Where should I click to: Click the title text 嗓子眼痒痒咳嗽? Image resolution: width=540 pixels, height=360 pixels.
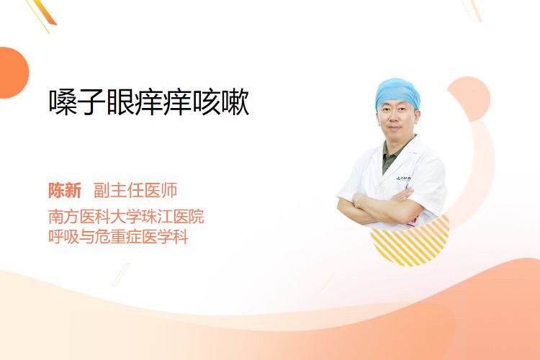point(149,102)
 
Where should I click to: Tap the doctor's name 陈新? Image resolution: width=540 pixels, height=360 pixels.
point(65,191)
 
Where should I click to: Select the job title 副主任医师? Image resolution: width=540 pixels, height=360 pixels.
point(135,191)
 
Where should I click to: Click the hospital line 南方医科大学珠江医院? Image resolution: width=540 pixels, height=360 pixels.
point(126,216)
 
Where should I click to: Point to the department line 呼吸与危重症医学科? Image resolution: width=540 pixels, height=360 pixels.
point(118,237)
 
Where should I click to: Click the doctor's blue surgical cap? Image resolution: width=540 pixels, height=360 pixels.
point(397,91)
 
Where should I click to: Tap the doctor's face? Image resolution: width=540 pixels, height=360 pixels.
point(396,119)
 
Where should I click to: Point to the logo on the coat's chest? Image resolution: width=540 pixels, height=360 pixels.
point(403,179)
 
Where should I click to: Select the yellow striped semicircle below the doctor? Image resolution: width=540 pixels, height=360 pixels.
point(410,244)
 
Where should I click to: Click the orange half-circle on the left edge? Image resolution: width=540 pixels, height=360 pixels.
point(13,73)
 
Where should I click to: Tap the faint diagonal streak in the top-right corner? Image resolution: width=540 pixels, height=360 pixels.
point(472,10)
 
